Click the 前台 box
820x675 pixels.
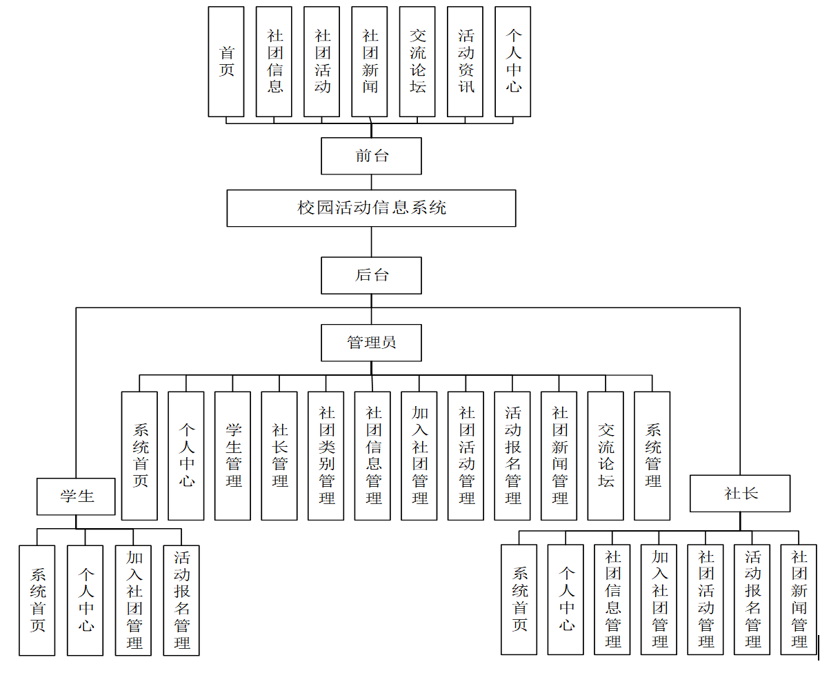click(x=371, y=156)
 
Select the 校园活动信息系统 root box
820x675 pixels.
click(x=371, y=208)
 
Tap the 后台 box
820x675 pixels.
click(x=371, y=275)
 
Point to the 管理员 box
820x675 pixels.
click(x=371, y=343)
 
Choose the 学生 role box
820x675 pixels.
click(x=76, y=496)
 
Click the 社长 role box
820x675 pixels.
click(x=740, y=494)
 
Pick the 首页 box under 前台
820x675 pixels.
click(x=226, y=62)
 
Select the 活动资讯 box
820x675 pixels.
click(x=466, y=62)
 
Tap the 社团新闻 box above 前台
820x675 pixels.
click(x=370, y=62)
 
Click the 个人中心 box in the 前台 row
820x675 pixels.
click(x=513, y=62)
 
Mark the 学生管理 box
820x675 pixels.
click(x=232, y=456)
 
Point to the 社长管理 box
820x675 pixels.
click(x=279, y=456)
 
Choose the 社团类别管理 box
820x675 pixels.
click(x=326, y=456)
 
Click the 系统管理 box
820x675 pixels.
click(x=652, y=456)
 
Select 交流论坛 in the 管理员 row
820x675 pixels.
click(x=606, y=456)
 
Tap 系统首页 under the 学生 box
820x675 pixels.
click(x=37, y=600)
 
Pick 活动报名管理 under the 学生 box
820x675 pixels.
click(x=181, y=600)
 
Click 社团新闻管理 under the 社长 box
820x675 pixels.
click(x=799, y=599)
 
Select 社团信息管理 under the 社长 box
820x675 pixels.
click(x=612, y=599)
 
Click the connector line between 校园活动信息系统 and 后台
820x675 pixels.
click(x=372, y=242)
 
